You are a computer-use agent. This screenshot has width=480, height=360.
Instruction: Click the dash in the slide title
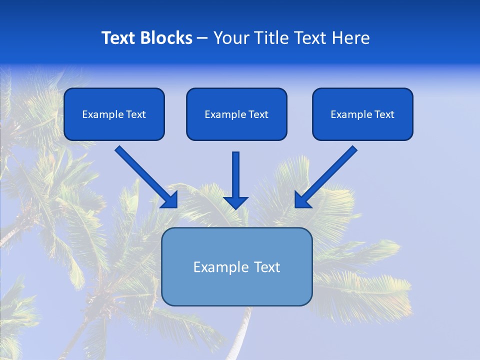pos(202,38)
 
